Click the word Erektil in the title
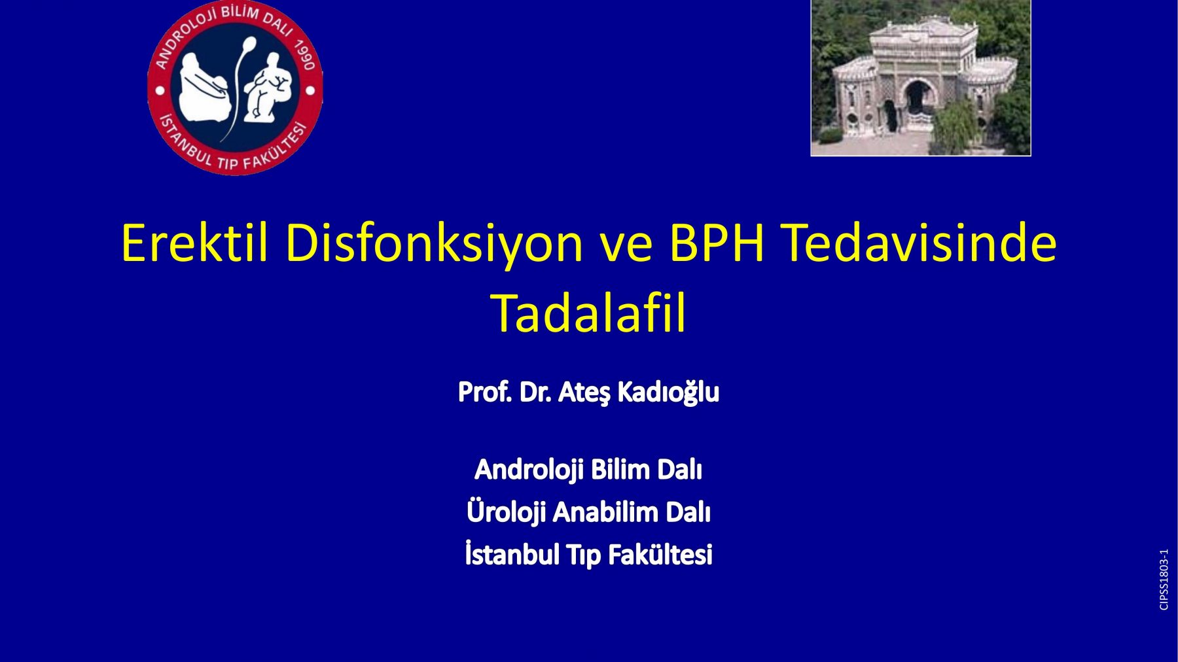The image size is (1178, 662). tap(194, 243)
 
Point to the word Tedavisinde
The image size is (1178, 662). tap(919, 243)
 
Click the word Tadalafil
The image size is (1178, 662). tap(588, 313)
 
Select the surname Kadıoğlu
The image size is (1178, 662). tap(668, 392)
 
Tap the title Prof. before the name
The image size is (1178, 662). tap(485, 392)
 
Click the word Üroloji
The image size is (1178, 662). tap(506, 512)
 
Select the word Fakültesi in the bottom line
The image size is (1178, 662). tap(660, 555)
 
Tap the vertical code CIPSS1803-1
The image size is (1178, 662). tap(1164, 580)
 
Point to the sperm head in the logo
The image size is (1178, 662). tap(249, 44)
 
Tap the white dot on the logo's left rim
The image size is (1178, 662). tap(160, 90)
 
